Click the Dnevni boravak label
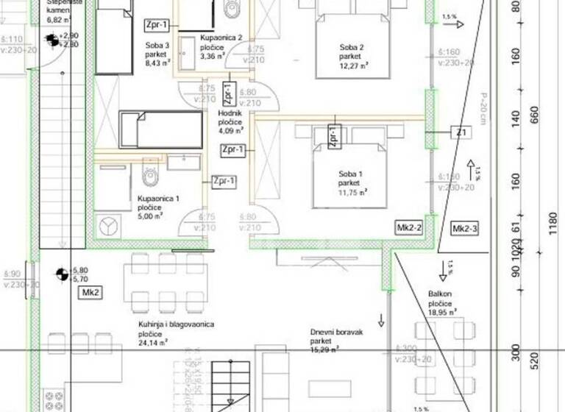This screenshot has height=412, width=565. (x=335, y=331)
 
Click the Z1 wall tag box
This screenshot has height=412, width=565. (x=461, y=132)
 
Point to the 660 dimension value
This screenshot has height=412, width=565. (x=535, y=116)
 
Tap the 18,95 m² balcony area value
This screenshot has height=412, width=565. (x=443, y=311)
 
